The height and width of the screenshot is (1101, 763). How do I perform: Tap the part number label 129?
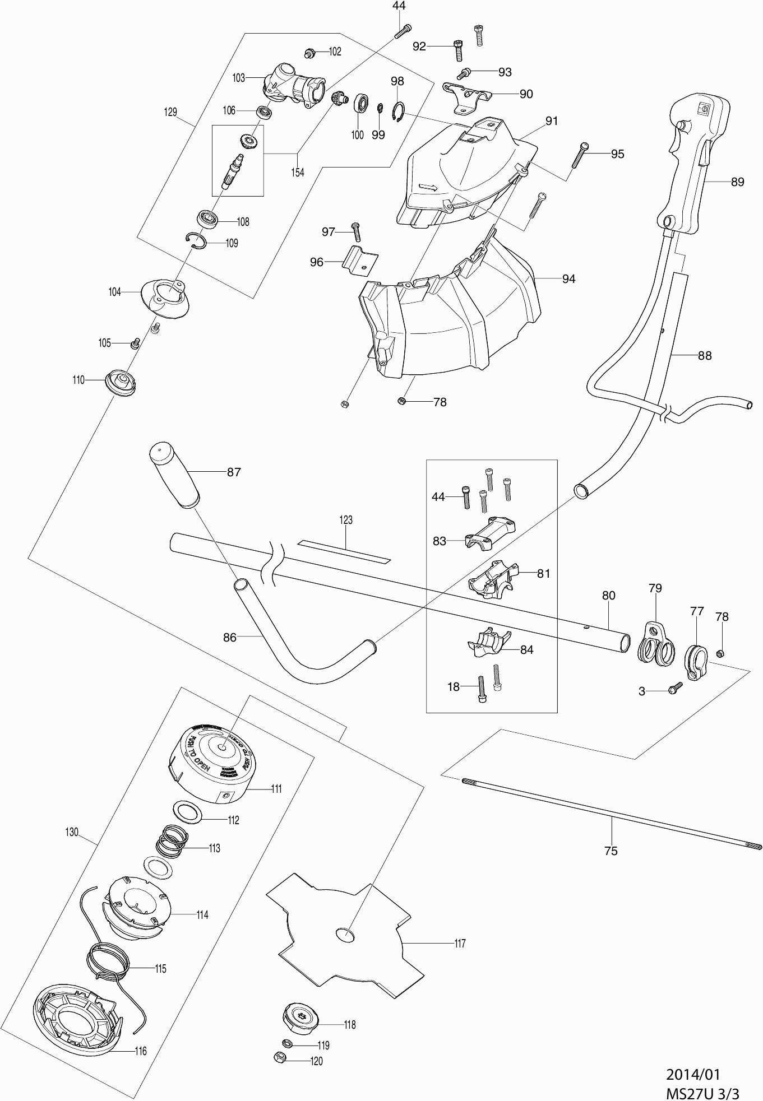click(x=170, y=112)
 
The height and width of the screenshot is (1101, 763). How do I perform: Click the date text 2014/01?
click(x=693, y=1074)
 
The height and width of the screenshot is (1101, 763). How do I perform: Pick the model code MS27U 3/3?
click(x=702, y=1091)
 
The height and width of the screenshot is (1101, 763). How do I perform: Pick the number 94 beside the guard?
click(x=568, y=279)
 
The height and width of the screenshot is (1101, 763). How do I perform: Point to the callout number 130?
click(x=72, y=832)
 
